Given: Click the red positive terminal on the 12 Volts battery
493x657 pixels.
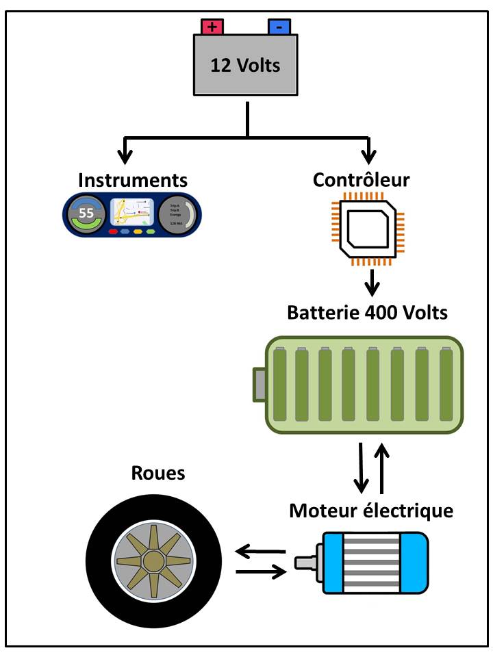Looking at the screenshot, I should click(212, 27).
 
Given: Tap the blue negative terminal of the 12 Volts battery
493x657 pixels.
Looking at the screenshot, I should click(279, 27).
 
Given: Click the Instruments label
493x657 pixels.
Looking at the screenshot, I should click(132, 180).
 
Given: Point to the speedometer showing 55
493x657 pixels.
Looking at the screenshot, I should click(87, 213).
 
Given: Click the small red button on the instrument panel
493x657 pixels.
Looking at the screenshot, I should click(114, 231).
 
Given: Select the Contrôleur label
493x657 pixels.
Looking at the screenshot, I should click(361, 180).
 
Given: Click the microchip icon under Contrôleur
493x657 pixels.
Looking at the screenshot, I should click(371, 228).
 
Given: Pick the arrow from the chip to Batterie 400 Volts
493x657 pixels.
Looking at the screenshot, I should click(371, 281).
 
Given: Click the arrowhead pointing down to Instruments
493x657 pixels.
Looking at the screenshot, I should click(125, 152).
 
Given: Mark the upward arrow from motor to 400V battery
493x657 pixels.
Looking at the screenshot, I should click(383, 468).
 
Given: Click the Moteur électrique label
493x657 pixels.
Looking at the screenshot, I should click(370, 511).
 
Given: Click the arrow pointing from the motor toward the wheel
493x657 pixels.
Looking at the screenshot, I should click(260, 550).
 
